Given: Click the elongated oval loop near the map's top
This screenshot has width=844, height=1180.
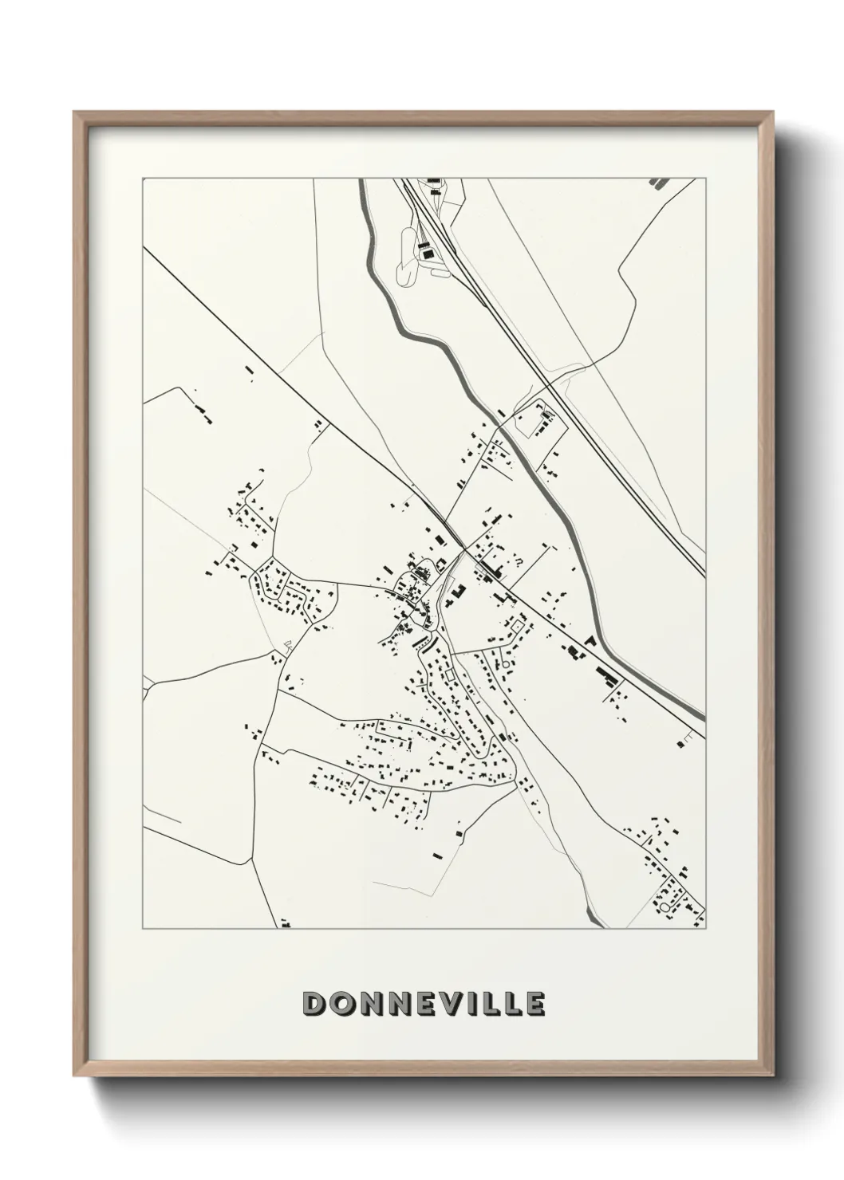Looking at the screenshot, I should click(x=404, y=256).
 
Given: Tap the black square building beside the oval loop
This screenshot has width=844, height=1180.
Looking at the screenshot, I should click(x=427, y=253).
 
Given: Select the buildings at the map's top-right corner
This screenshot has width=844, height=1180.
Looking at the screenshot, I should click(x=659, y=183).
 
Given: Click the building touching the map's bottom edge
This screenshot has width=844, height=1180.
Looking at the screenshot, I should click(x=285, y=925).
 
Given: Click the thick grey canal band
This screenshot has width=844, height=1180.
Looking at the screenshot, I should click(x=447, y=352).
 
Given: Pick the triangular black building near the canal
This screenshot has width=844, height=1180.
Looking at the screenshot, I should click(x=590, y=640).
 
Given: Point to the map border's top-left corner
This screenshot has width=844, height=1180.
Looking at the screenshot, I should click(x=143, y=179).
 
